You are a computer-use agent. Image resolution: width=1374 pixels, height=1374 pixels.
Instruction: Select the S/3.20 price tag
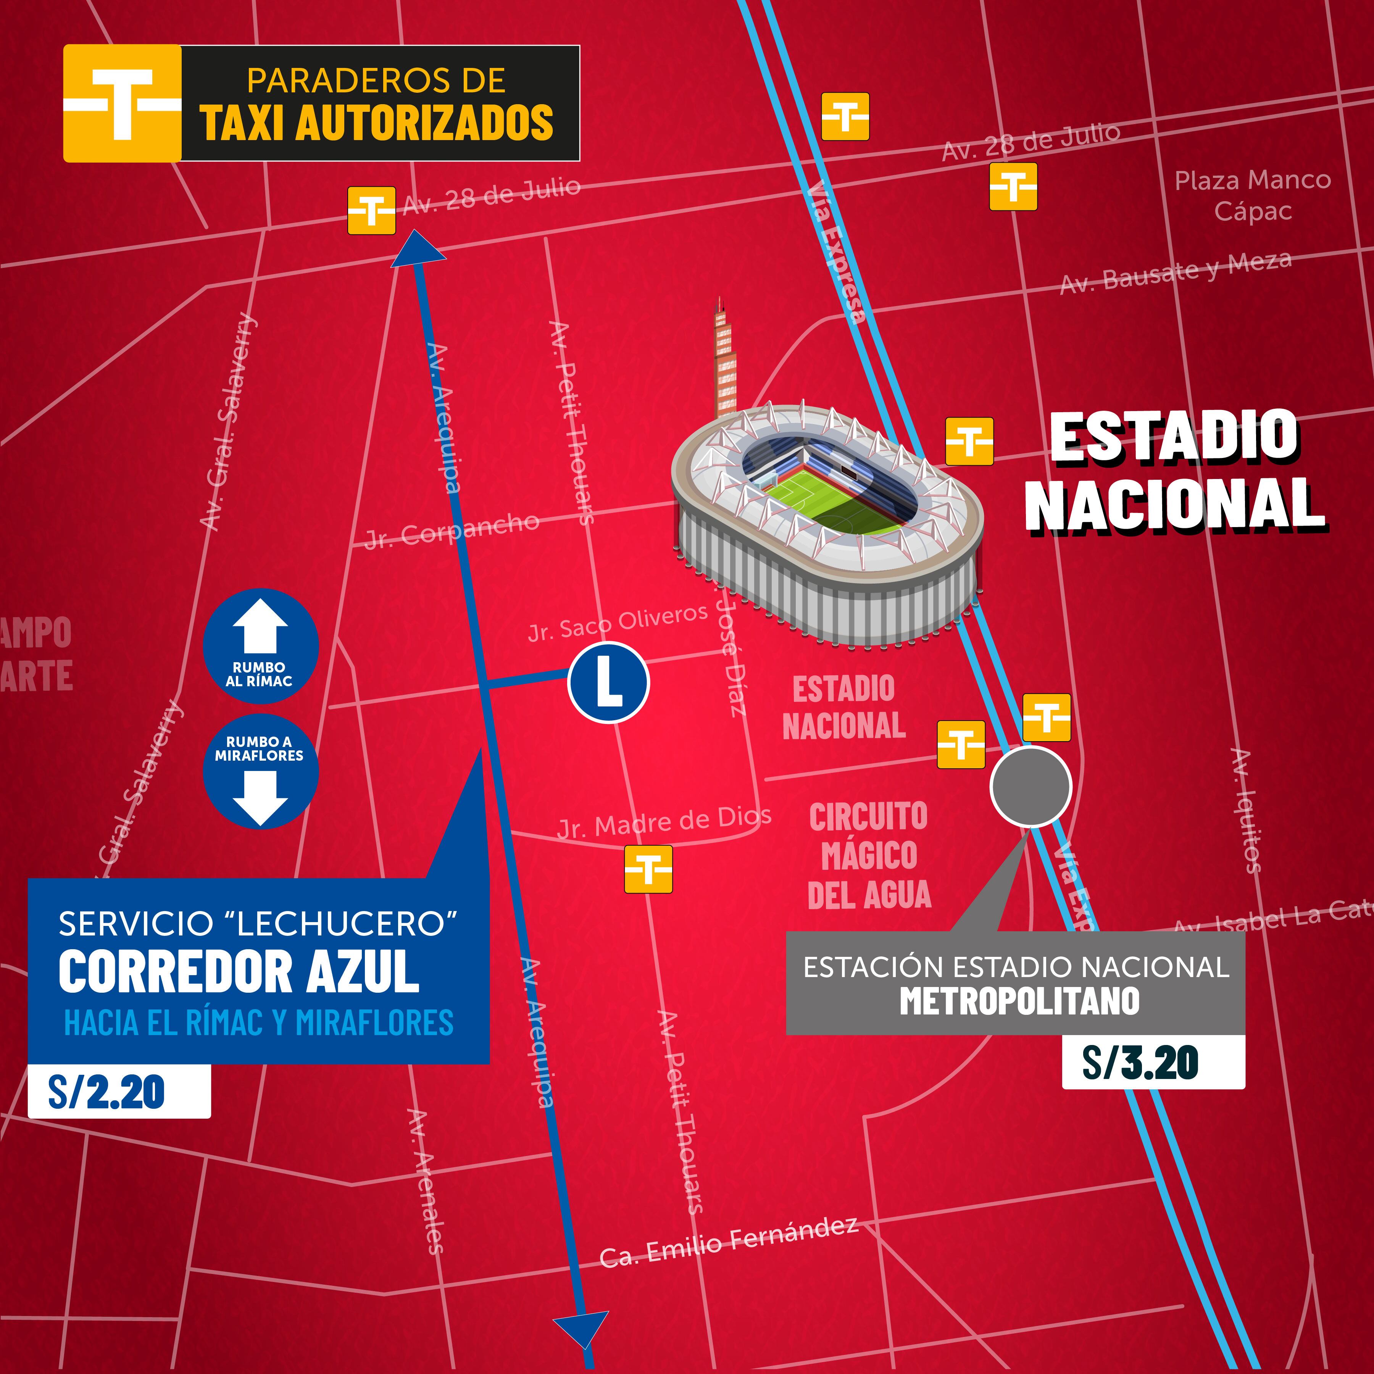coord(1152,1062)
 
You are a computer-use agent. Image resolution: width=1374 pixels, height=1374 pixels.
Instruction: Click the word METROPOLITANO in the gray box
coord(1019,1001)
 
